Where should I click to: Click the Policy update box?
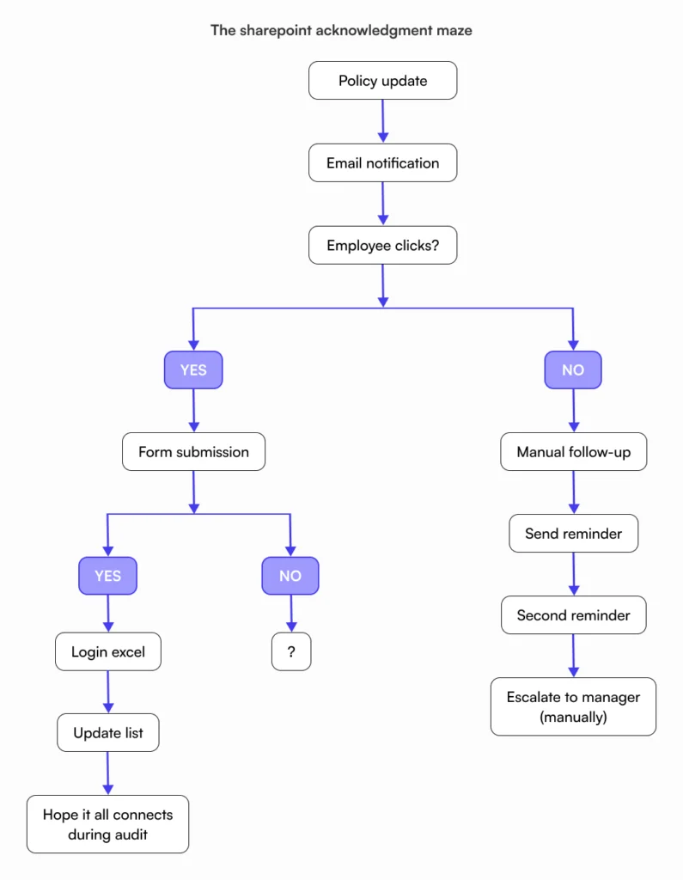pos(382,81)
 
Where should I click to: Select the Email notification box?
pos(382,163)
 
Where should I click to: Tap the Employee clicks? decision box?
pos(382,246)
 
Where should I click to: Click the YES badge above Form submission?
pos(193,370)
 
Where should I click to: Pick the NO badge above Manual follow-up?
pos(573,370)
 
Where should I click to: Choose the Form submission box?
pos(193,452)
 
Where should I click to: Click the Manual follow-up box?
pos(573,452)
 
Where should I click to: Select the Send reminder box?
pos(573,534)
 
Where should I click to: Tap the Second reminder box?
pos(573,615)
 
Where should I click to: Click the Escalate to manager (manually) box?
pos(573,706)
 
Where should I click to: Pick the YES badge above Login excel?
pos(107,576)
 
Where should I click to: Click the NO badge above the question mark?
pos(290,576)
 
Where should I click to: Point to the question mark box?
pos(291,652)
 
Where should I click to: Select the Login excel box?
pos(108,652)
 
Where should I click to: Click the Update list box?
pos(108,733)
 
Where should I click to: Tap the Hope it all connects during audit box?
pos(107,823)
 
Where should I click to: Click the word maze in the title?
pos(453,30)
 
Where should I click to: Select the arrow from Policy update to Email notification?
pos(383,121)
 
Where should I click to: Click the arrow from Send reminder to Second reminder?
pos(573,574)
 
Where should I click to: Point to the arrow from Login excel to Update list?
pos(108,693)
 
